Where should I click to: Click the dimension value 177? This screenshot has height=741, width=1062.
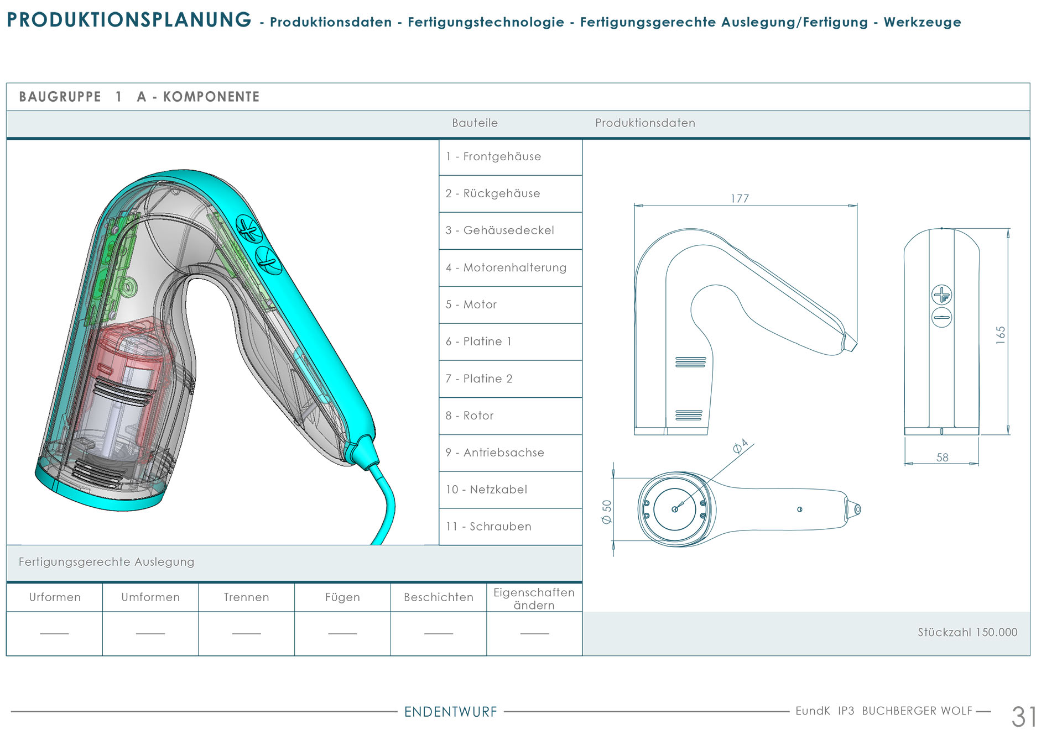point(740,198)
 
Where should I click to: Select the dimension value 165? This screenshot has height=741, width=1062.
point(1000,335)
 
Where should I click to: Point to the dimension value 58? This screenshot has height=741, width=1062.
point(942,458)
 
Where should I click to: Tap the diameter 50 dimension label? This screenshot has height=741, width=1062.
point(607,512)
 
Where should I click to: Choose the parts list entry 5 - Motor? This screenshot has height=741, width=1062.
point(471,304)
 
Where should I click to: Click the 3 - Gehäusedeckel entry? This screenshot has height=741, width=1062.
point(499,230)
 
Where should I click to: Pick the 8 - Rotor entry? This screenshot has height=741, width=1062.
point(470,416)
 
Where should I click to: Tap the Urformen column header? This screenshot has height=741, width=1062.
point(55,597)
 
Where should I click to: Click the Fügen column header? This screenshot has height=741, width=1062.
point(342,597)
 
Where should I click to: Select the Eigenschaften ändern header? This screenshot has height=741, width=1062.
point(534,598)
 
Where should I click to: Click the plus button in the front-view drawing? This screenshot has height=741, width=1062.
point(941,295)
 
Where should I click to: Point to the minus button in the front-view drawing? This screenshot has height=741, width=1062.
point(941,317)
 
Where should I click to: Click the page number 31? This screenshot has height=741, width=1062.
point(1024,717)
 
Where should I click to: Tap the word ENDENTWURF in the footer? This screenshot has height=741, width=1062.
point(451,712)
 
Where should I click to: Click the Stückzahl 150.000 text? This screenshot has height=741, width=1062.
point(967,632)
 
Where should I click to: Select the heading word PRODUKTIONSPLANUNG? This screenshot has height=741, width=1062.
point(129,20)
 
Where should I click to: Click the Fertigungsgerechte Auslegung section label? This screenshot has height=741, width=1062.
point(106,562)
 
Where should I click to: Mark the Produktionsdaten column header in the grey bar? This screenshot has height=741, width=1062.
point(645,123)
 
